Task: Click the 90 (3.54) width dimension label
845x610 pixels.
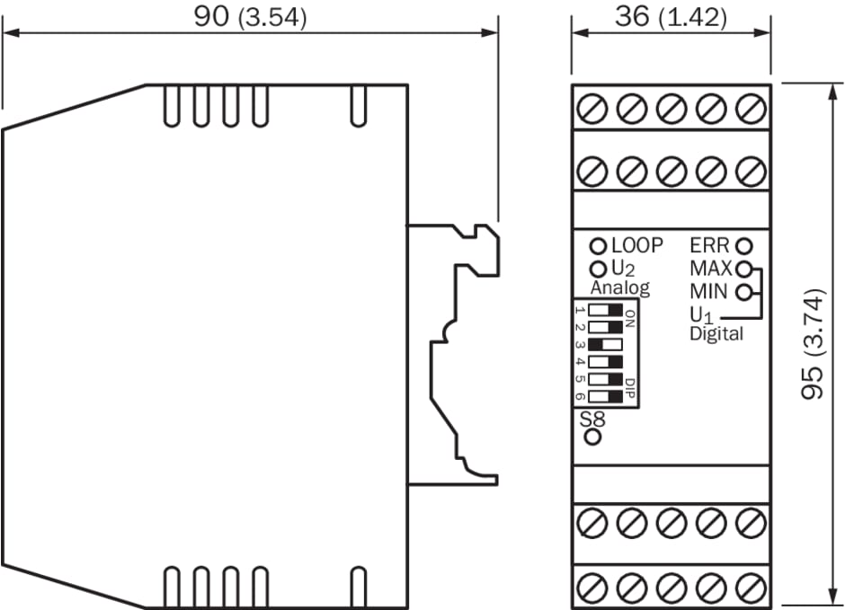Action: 250,17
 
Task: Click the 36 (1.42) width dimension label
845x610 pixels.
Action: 671,17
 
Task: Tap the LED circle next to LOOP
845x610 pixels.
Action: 598,246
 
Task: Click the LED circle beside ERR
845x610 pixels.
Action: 743,246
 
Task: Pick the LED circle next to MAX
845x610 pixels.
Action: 743,268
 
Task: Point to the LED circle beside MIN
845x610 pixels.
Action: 743,292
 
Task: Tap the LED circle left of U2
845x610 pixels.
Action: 598,268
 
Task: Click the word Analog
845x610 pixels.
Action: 620,288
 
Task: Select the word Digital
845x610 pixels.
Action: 716,334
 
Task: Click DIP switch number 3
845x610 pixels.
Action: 605,345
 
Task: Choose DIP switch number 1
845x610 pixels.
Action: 605,310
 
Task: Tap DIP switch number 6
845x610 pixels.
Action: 605,397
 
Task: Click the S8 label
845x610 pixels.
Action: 592,419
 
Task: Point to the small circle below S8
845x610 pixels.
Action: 592,437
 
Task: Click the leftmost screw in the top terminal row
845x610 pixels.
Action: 592,108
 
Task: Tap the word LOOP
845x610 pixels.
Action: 637,245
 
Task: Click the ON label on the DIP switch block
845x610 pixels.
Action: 630,319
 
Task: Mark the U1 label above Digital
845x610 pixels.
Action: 702,314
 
